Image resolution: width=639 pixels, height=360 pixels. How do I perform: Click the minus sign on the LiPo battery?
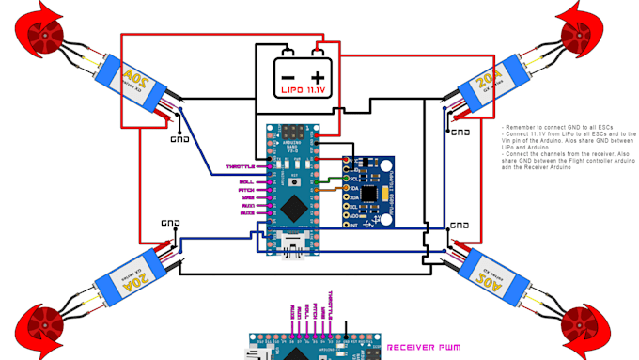point(288,76)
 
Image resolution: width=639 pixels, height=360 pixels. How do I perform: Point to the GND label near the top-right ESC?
point(460,133)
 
